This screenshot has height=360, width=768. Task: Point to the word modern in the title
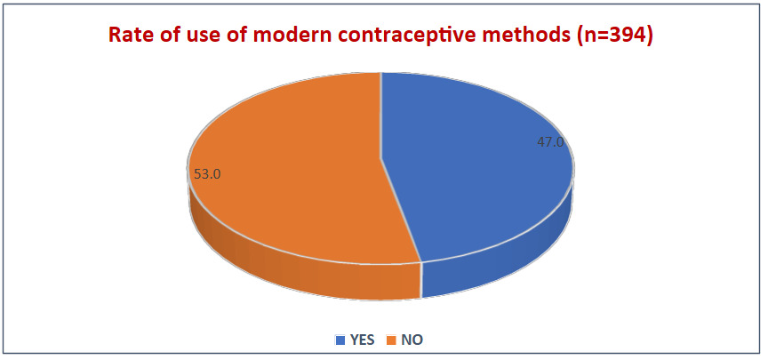293,36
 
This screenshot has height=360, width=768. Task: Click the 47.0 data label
550,141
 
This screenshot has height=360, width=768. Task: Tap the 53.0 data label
206,175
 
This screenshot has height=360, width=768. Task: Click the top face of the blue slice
480,169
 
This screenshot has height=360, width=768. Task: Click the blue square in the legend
340,340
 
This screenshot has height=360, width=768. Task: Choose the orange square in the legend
390,340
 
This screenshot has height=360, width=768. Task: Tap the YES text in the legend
362,340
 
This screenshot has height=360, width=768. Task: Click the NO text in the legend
411,340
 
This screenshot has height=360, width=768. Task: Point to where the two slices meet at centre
380,160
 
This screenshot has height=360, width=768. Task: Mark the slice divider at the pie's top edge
380,73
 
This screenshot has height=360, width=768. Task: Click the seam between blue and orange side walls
421,281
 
